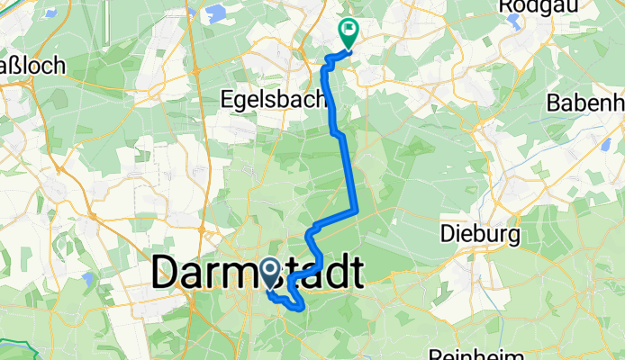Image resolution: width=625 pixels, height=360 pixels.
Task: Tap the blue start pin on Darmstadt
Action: [x=269, y=273]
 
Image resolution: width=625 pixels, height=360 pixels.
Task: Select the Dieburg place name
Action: [x=481, y=235]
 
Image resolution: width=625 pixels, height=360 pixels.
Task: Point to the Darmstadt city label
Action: [x=258, y=272]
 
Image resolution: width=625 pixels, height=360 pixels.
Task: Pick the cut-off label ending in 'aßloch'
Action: [x=31, y=66]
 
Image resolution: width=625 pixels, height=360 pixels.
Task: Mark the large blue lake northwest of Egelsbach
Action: [x=214, y=13]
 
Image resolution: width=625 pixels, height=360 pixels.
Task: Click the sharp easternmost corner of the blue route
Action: [x=359, y=211]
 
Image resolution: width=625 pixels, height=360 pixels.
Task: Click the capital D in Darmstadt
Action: [x=168, y=272]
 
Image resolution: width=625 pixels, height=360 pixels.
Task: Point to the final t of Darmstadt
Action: [x=354, y=272]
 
